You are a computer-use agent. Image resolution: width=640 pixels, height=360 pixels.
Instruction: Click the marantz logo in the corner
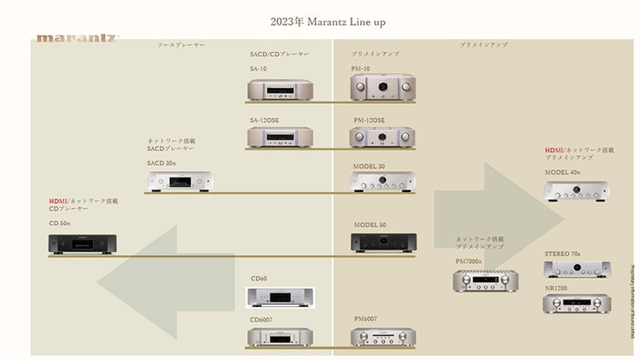[77, 38]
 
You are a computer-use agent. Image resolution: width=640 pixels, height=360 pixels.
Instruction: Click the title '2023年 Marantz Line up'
[320, 20]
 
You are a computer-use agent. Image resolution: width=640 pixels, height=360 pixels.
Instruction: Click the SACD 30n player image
[179, 180]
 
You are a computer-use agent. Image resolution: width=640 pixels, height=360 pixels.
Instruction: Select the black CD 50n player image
[82, 244]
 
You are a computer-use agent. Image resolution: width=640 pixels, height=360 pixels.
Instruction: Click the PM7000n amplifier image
[486, 280]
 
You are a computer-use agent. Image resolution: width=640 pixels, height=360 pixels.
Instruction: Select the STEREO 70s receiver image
[577, 270]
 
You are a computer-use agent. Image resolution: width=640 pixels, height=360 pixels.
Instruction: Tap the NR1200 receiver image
[577, 303]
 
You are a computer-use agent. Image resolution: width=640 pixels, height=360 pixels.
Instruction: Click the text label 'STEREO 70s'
[562, 254]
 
